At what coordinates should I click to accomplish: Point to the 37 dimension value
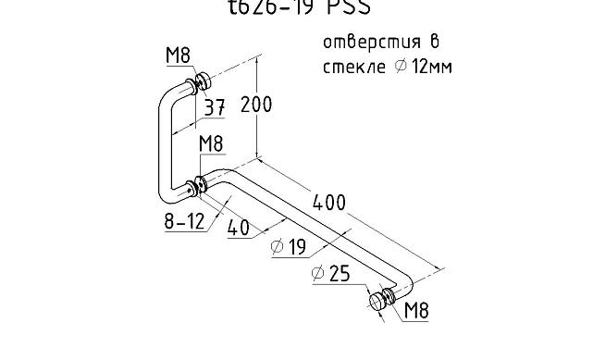click(215, 108)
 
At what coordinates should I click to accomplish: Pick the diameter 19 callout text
click(290, 247)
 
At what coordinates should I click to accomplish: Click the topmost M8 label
click(178, 56)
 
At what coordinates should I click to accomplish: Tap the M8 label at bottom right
click(417, 312)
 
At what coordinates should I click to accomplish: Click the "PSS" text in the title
click(346, 8)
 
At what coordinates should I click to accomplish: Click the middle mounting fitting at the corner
click(198, 185)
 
